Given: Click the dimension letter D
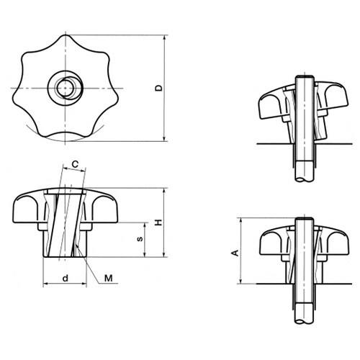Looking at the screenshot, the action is tap(158, 88).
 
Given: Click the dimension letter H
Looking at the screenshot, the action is tap(158, 222).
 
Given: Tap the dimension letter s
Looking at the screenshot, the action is tap(140, 239).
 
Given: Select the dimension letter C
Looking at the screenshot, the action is tap(75, 164).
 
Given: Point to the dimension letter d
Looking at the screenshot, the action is tap(66, 278).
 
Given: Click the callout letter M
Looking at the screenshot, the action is tap(109, 278).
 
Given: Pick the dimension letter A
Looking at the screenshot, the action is tap(235, 253).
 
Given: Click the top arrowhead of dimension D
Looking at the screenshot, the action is tap(164, 38).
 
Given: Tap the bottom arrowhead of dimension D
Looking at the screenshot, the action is tap(164, 138).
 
